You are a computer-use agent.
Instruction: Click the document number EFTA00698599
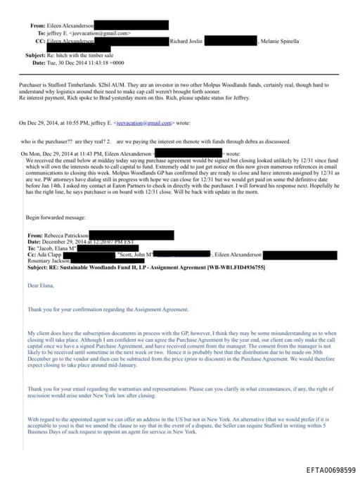click(x=330, y=469)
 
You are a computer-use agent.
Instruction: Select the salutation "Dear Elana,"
click(x=41, y=285)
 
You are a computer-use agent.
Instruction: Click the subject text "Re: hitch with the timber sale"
click(x=81, y=55)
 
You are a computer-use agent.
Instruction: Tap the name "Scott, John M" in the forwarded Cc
click(x=135, y=253)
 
